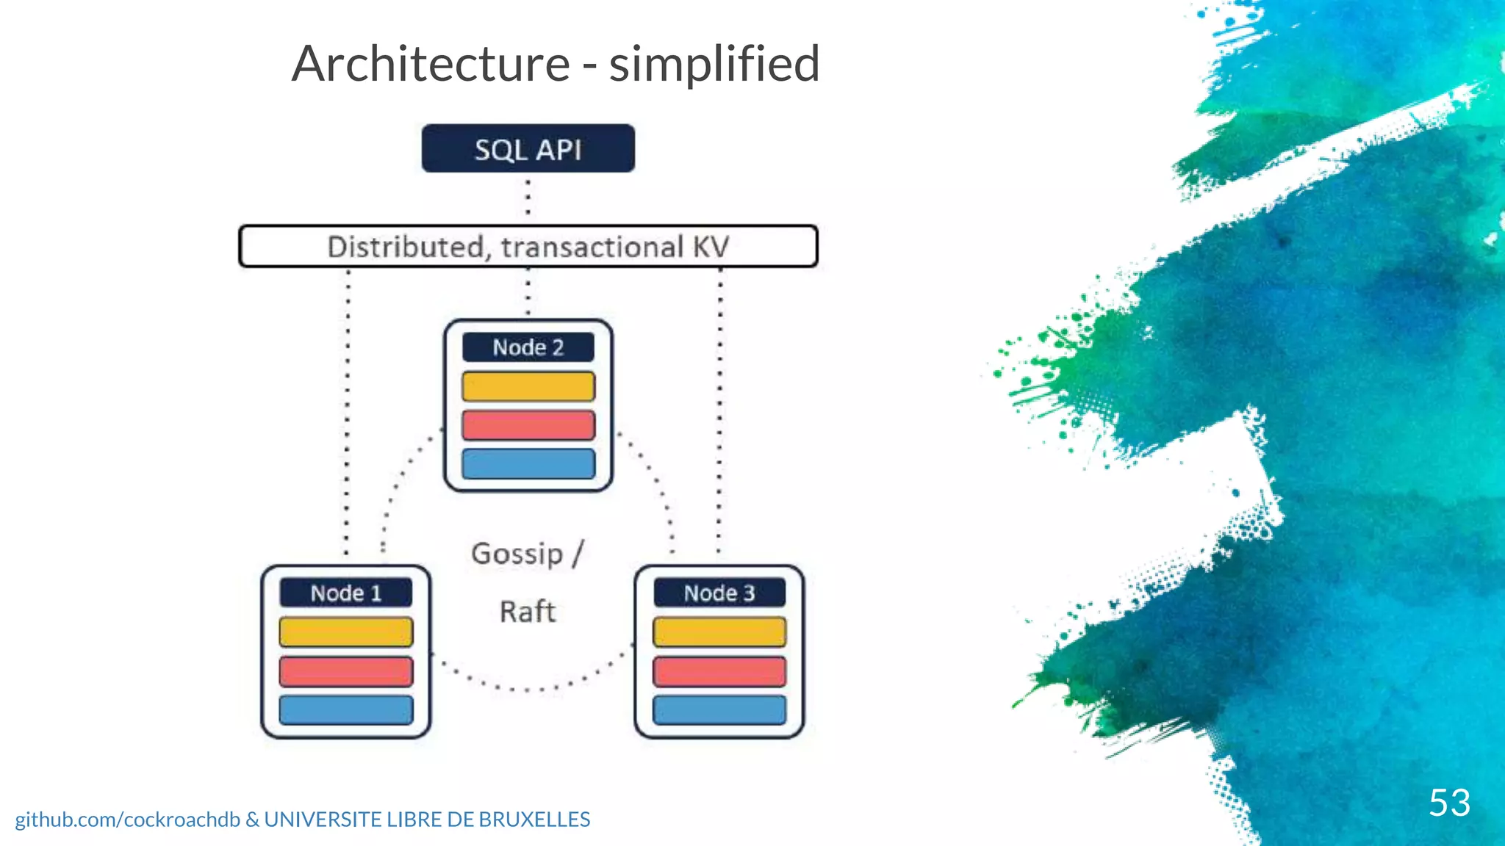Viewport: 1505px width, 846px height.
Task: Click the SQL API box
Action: [x=528, y=149]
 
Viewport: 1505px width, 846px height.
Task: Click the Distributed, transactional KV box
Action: [x=528, y=247]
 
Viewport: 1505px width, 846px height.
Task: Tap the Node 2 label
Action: [x=528, y=347]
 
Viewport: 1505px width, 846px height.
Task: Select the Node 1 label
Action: [x=345, y=593]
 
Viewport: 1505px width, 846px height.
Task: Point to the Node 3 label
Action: [x=719, y=593]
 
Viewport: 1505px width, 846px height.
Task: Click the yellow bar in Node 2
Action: [x=528, y=386]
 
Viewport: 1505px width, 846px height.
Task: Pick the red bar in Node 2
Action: [x=528, y=425]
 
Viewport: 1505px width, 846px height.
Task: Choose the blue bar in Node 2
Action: [x=528, y=464]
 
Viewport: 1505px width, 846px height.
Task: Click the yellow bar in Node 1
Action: [x=345, y=632]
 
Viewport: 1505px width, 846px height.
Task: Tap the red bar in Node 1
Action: [x=345, y=671]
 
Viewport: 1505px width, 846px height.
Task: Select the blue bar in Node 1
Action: [x=345, y=710]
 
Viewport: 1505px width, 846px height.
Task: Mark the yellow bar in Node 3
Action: [x=719, y=632]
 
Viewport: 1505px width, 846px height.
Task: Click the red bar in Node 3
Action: [x=719, y=671]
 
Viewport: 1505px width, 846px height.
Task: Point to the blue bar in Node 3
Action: [x=719, y=710]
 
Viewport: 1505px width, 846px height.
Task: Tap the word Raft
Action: [x=528, y=612]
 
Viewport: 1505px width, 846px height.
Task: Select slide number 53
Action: [x=1449, y=802]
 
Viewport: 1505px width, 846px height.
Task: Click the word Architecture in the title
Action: [x=431, y=64]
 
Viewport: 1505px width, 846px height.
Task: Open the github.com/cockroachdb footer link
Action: [x=128, y=820]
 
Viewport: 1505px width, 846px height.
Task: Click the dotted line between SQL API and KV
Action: [x=528, y=197]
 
